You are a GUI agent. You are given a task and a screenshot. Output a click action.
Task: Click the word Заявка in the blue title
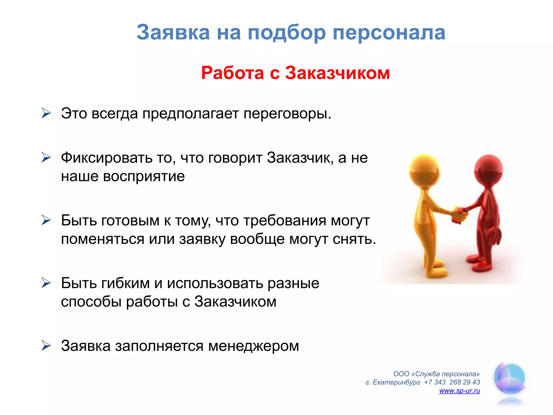point(173,32)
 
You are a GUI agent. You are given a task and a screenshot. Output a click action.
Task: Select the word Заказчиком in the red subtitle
point(338,73)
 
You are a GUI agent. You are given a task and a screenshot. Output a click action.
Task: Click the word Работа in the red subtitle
point(232,73)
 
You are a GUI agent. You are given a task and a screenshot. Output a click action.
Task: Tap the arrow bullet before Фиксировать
point(46,158)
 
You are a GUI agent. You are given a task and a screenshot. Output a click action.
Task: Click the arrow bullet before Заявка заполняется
point(46,346)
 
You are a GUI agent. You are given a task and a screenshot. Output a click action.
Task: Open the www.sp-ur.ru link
point(459,391)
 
